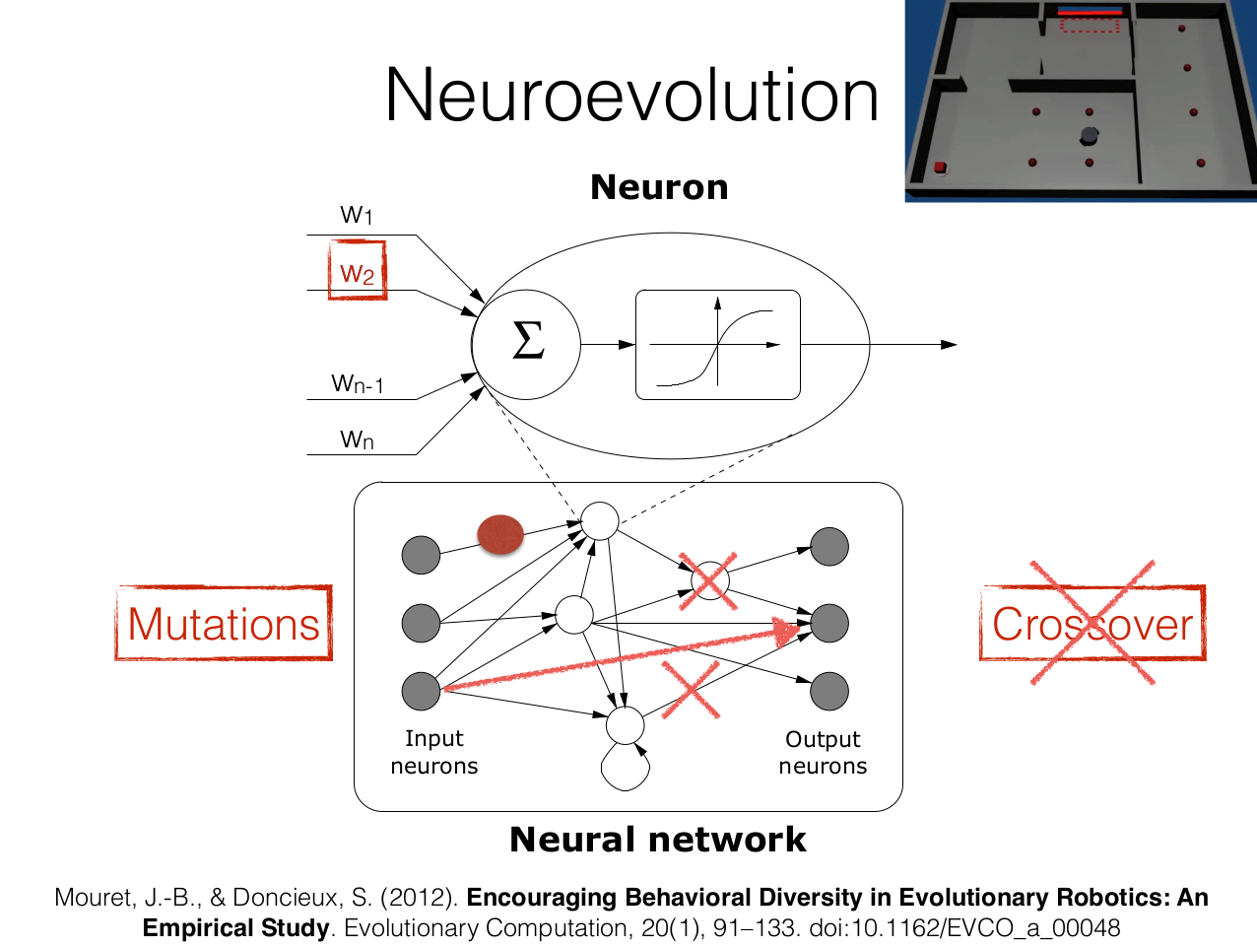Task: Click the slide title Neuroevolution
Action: [631, 96]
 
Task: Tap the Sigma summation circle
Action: [527, 344]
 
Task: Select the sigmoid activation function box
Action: [718, 345]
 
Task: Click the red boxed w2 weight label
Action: [357, 271]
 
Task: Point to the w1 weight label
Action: [357, 215]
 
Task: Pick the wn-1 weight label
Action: [357, 383]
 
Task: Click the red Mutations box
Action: [224, 624]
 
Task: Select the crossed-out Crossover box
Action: [1092, 624]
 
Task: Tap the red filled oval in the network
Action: [500, 534]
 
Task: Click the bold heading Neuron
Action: [659, 187]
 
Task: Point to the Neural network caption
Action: [658, 840]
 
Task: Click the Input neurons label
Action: [433, 752]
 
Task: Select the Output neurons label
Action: [823, 753]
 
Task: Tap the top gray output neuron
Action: [828, 547]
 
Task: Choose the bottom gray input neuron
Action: [421, 691]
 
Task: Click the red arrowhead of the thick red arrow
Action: [787, 631]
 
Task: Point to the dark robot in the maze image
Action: [1089, 134]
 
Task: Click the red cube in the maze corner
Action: [940, 167]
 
